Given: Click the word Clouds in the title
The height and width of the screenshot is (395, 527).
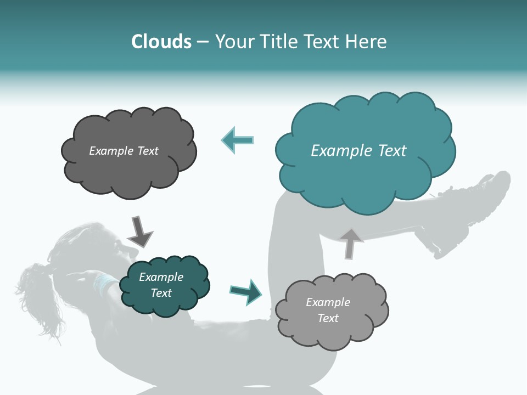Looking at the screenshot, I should (x=161, y=42).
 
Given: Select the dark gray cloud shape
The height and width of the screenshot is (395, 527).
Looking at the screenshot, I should (x=128, y=170).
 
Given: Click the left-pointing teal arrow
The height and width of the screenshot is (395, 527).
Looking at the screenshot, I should (x=238, y=140).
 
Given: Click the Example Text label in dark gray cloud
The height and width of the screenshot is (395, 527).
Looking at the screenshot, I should (x=124, y=151).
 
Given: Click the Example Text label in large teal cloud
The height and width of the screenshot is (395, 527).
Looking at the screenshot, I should (x=358, y=151).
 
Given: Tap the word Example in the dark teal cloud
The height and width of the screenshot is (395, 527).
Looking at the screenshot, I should (x=161, y=277).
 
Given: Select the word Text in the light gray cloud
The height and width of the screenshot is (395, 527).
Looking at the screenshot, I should (x=328, y=318).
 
